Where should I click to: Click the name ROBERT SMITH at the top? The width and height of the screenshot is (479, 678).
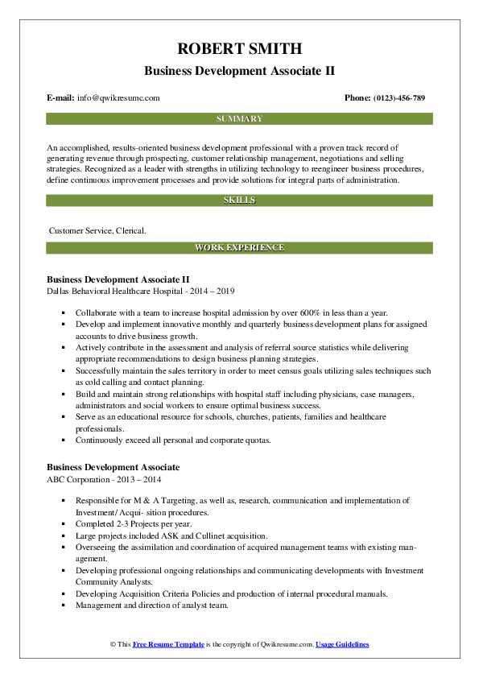click(x=239, y=48)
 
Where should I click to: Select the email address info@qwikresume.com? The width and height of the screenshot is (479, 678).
click(x=119, y=97)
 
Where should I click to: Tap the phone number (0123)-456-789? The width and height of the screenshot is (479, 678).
click(x=396, y=97)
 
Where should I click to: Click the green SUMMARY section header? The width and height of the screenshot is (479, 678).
click(x=239, y=119)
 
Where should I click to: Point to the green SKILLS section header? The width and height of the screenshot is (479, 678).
click(x=239, y=200)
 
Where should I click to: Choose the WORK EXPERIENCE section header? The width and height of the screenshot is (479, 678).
click(x=239, y=247)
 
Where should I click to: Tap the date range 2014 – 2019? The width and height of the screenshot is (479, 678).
click(x=214, y=291)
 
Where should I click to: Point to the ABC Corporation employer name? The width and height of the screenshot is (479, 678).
click(x=85, y=479)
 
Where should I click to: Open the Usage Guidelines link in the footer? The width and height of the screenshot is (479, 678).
click(x=342, y=645)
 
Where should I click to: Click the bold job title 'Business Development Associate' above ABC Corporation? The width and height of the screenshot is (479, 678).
click(x=113, y=467)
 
